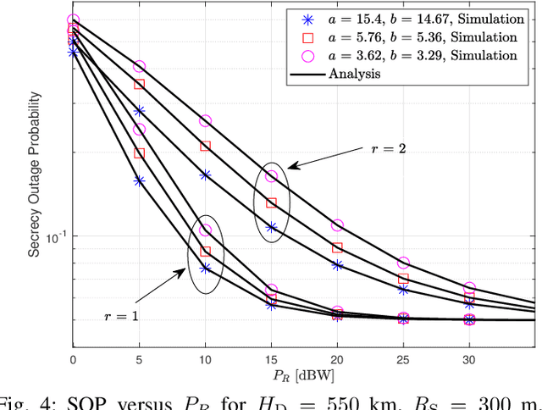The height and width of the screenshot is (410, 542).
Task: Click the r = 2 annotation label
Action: pos(389,148)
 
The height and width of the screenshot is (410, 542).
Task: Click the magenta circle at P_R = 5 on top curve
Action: pos(139,66)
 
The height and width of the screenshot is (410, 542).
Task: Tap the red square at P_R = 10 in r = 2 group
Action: pos(205,147)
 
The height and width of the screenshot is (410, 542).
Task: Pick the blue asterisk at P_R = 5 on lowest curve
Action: pos(139,180)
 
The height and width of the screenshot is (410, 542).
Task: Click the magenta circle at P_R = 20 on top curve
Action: pos(337,225)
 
